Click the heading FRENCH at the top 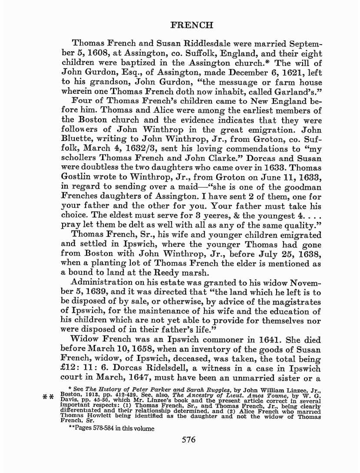pyautogui.click(x=192, y=25)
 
